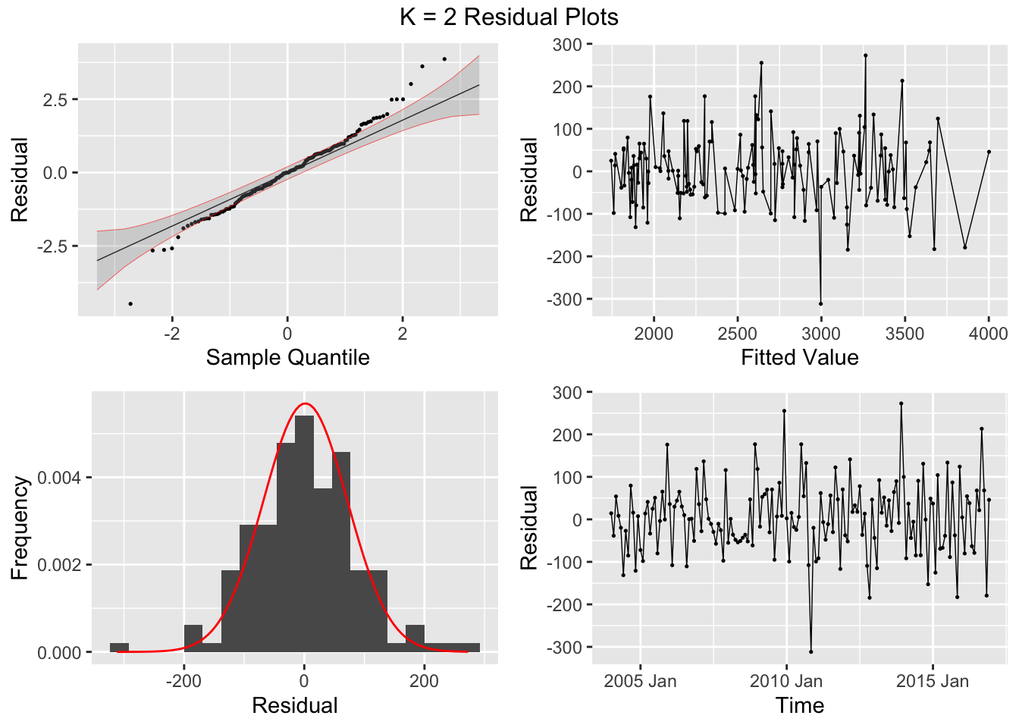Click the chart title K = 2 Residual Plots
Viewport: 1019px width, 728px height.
509,17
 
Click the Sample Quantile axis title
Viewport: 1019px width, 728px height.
287,357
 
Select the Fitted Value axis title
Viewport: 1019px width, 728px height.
799,357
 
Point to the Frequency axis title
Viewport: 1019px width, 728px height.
20,527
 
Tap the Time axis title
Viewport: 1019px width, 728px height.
799,705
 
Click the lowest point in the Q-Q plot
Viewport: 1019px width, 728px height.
130,303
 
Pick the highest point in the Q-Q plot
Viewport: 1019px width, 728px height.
444,58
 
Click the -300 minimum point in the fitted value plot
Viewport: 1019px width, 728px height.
820,303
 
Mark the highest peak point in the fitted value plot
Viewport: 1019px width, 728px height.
865,55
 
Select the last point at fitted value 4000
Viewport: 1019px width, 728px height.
989,152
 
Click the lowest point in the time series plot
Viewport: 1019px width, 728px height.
810,651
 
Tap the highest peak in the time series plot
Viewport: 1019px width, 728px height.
901,403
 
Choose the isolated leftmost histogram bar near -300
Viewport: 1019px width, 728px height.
119,648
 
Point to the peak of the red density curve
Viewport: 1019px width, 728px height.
305,403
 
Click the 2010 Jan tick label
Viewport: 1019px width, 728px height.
785,681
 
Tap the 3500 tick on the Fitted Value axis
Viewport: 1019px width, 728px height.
905,334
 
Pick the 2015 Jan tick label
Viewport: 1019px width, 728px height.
932,681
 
